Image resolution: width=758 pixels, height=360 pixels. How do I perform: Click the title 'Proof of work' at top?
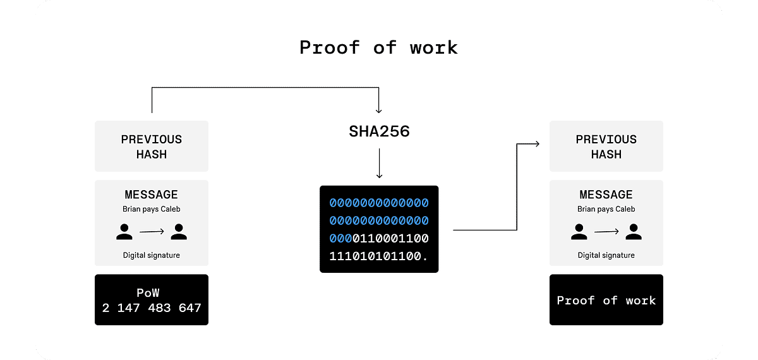point(378,47)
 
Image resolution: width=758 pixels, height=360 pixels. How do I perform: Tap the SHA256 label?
point(379,131)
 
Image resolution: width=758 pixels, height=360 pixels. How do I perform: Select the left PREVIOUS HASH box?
point(152,147)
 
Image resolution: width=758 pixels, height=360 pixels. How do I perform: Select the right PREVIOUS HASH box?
point(606,147)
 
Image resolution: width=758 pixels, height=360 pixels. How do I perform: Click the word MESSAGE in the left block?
point(152,195)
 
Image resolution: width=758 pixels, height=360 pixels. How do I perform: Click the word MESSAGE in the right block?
point(606,195)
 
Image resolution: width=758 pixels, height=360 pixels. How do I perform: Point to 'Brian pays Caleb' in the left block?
point(152,209)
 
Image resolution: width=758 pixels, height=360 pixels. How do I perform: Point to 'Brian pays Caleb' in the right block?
point(606,209)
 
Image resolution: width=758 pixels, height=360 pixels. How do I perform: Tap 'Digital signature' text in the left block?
point(152,255)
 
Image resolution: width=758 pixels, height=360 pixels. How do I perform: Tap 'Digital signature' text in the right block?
point(606,255)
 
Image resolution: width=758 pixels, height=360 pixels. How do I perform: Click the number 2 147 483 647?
point(152,308)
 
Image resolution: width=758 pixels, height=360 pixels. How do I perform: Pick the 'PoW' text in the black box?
point(152,293)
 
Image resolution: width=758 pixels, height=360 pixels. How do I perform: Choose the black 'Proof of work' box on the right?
point(606,300)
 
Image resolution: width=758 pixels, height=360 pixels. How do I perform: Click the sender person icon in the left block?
point(124,232)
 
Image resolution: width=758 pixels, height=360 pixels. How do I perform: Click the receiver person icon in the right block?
point(634,232)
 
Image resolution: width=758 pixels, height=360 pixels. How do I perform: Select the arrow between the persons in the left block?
point(152,232)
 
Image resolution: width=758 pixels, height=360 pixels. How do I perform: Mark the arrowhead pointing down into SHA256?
point(379,110)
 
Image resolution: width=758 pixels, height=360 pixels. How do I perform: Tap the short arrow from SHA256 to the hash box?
point(379,164)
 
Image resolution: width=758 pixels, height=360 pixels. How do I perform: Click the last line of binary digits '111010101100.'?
point(379,256)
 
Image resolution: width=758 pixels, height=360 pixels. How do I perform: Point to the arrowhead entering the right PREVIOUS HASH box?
point(536,144)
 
